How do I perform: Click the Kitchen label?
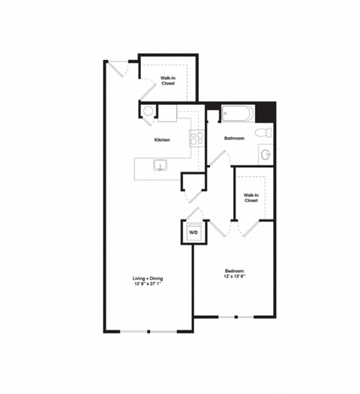(x=162, y=140)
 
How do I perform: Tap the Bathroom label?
(x=234, y=139)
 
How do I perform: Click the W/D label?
(x=193, y=233)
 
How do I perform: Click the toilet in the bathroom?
(x=263, y=132)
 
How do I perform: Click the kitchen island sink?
(x=159, y=165)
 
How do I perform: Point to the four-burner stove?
(x=196, y=138)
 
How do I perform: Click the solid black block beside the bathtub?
(x=265, y=112)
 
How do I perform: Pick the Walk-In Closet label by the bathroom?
(x=250, y=198)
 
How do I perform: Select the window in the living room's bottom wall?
(x=148, y=330)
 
